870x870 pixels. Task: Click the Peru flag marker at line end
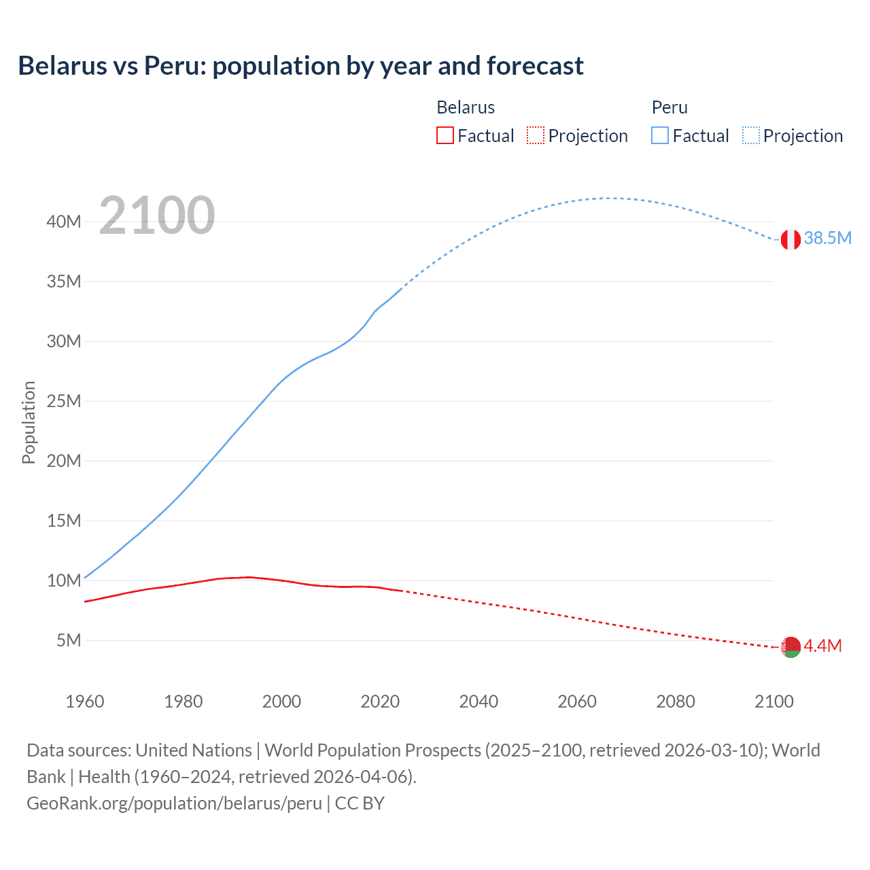coord(790,239)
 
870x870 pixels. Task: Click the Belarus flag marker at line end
coord(790,647)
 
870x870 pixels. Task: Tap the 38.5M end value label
coord(827,238)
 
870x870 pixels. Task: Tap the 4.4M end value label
coord(822,646)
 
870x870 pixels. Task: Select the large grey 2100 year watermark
coord(157,215)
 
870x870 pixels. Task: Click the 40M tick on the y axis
coord(64,222)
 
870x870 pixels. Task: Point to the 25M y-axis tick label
coord(64,401)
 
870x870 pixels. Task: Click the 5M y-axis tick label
coord(69,640)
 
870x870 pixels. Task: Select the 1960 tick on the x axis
coord(85,701)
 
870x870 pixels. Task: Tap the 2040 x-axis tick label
coord(478,701)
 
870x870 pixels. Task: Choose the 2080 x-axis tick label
coord(676,701)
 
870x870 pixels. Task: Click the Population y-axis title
coord(29,422)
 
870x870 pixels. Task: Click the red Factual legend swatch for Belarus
coord(445,135)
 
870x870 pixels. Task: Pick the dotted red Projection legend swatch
coord(536,135)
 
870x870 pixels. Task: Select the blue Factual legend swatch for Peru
coord(660,135)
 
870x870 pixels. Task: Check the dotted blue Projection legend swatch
coord(750,135)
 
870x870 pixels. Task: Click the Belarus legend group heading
coord(466,107)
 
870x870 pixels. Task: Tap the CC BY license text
coord(360,803)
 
